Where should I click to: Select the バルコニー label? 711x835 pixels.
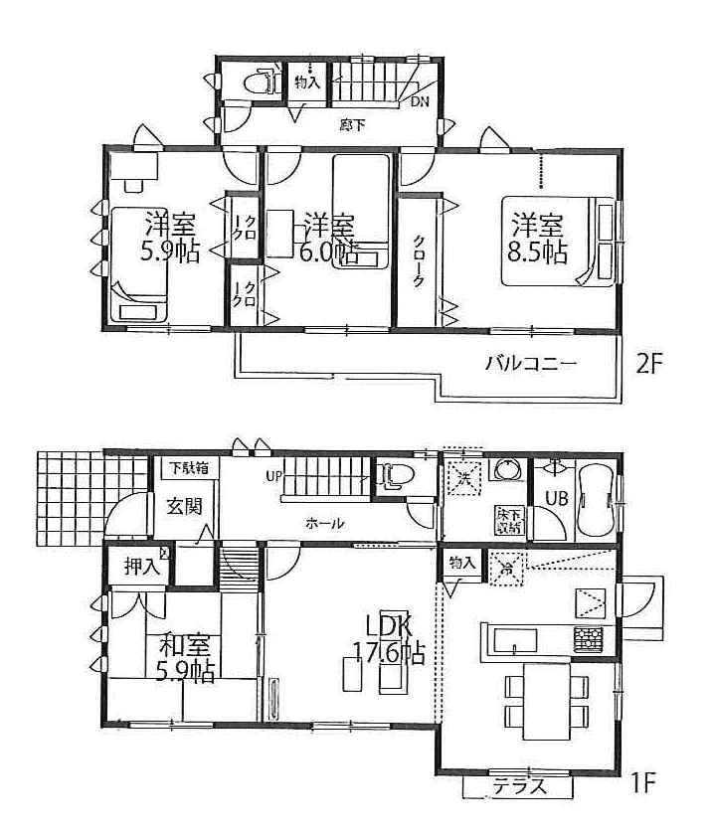(531, 364)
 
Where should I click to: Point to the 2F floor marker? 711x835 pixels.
(648, 364)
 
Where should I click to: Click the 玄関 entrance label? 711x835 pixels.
(185, 507)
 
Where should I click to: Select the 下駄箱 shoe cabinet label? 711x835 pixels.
(188, 468)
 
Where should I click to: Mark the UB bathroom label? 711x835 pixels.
(555, 500)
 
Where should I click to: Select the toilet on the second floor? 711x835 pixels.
(263, 82)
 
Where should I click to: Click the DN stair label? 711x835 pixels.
(421, 101)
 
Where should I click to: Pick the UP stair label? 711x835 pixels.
(273, 476)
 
